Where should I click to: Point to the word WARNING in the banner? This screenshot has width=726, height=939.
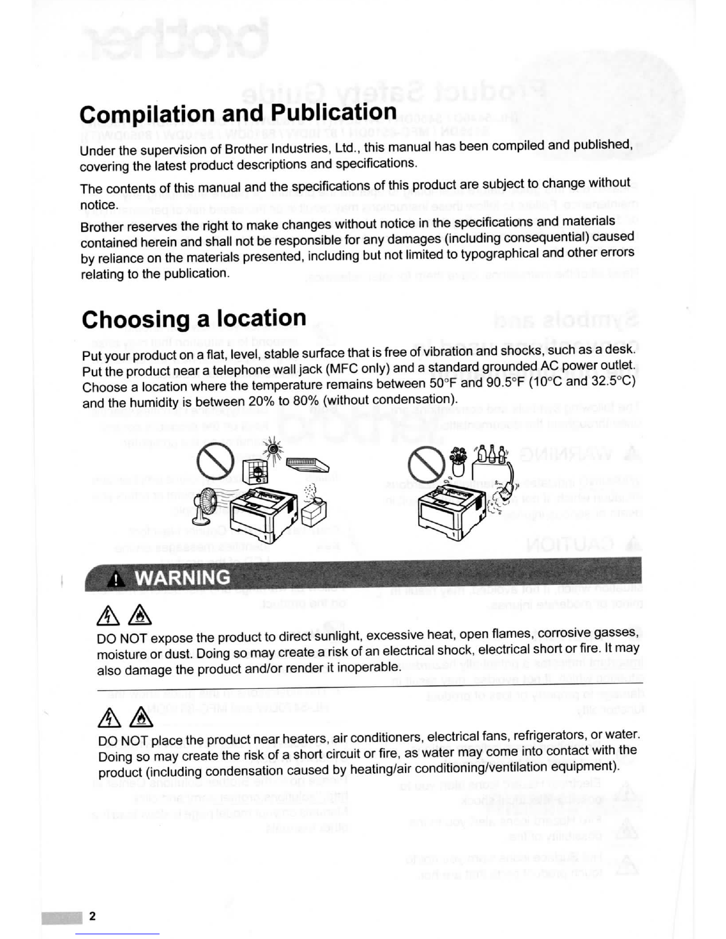click(183, 577)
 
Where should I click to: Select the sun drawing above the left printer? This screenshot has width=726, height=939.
click(273, 448)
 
